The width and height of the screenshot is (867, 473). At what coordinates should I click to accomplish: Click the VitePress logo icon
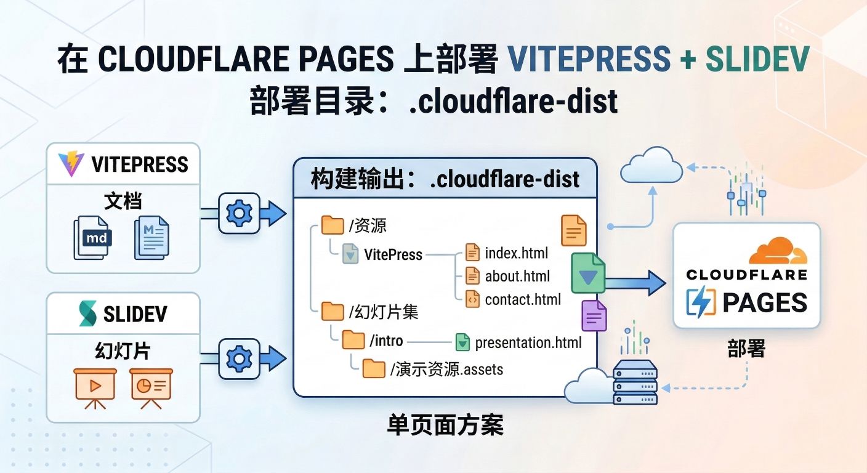pos(71,164)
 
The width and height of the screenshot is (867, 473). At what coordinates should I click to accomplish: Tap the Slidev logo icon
pos(88,314)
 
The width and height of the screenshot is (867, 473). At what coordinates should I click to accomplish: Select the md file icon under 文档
pos(93,238)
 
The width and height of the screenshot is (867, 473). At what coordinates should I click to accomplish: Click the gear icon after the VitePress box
pos(239,213)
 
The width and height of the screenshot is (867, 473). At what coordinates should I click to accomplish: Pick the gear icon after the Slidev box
pos(239,358)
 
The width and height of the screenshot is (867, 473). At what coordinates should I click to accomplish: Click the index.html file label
pos(516,253)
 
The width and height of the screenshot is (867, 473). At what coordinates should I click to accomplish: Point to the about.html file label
pos(517,277)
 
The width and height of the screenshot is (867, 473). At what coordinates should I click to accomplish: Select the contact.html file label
pos(523,300)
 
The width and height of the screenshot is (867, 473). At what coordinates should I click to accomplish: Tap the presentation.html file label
pos(528,342)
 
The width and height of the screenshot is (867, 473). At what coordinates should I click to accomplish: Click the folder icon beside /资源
pos(333,225)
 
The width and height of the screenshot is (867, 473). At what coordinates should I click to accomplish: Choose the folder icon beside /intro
pos(353,339)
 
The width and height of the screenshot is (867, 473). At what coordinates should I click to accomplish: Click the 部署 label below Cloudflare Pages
pos(746,349)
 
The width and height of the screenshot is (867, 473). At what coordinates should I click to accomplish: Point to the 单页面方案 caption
pos(445,426)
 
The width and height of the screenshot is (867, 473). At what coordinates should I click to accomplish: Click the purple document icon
pos(594,316)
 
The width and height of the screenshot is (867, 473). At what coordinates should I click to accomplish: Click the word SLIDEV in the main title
pos(757,59)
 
